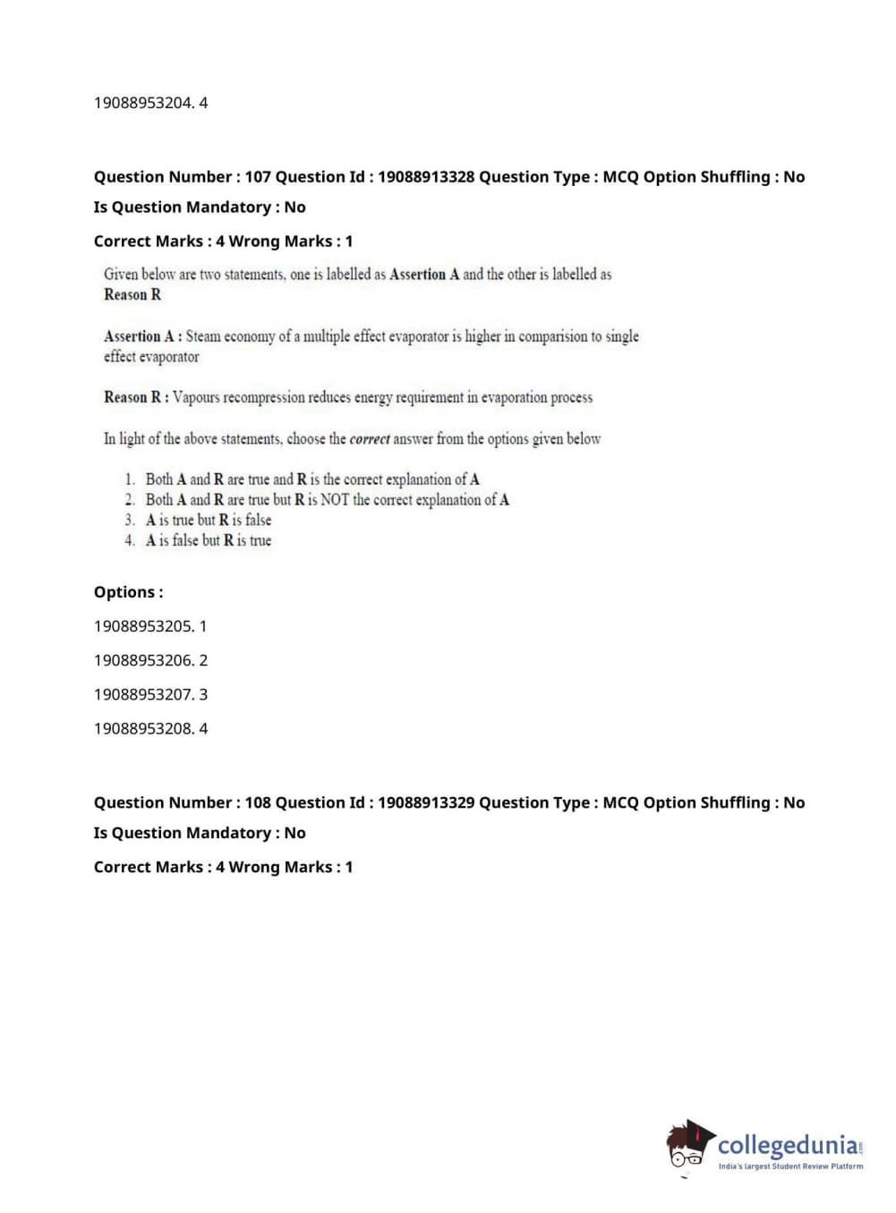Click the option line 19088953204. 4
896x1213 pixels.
150,103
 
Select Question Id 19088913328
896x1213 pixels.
425,177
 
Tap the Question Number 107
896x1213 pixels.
258,177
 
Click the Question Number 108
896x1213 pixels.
258,803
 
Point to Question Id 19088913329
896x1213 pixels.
425,803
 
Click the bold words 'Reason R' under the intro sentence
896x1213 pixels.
132,295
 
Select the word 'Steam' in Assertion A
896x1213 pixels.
203,336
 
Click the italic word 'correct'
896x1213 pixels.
370,439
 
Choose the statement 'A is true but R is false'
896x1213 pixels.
208,520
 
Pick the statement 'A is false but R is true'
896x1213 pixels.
208,540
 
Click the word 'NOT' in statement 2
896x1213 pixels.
335,500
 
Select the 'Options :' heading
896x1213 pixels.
128,592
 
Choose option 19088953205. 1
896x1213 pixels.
150,626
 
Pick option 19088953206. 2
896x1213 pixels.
150,660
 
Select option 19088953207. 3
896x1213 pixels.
150,694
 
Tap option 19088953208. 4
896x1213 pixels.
150,728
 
